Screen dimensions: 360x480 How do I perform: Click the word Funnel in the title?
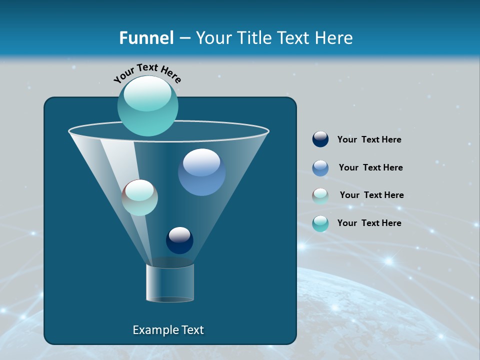pyautogui.click(x=146, y=37)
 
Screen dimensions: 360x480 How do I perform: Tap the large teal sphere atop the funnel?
pyautogui.click(x=147, y=105)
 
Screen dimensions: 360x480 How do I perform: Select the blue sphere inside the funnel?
pyautogui.click(x=201, y=172)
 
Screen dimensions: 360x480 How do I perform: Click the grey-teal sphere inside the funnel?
pyautogui.click(x=140, y=197)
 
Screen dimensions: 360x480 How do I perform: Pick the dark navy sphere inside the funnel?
pyautogui.click(x=179, y=240)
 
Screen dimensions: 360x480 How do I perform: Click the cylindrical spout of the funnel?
pyautogui.click(x=170, y=283)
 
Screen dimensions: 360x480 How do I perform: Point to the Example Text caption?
pyautogui.click(x=168, y=330)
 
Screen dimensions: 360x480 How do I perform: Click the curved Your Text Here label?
pyautogui.click(x=147, y=73)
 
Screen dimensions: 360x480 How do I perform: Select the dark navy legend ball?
pyautogui.click(x=320, y=139)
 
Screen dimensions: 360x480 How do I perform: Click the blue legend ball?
pyautogui.click(x=320, y=168)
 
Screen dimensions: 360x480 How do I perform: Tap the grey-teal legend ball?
pyautogui.click(x=320, y=196)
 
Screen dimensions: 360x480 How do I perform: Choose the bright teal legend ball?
pyautogui.click(x=320, y=223)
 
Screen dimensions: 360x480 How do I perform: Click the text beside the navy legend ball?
pyautogui.click(x=369, y=140)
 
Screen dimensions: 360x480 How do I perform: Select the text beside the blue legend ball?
pyautogui.click(x=370, y=167)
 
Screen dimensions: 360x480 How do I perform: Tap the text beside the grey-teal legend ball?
pyautogui.click(x=371, y=195)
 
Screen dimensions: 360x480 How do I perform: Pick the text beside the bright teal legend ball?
pyautogui.click(x=369, y=223)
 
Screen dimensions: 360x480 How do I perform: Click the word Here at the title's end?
pyautogui.click(x=334, y=37)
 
